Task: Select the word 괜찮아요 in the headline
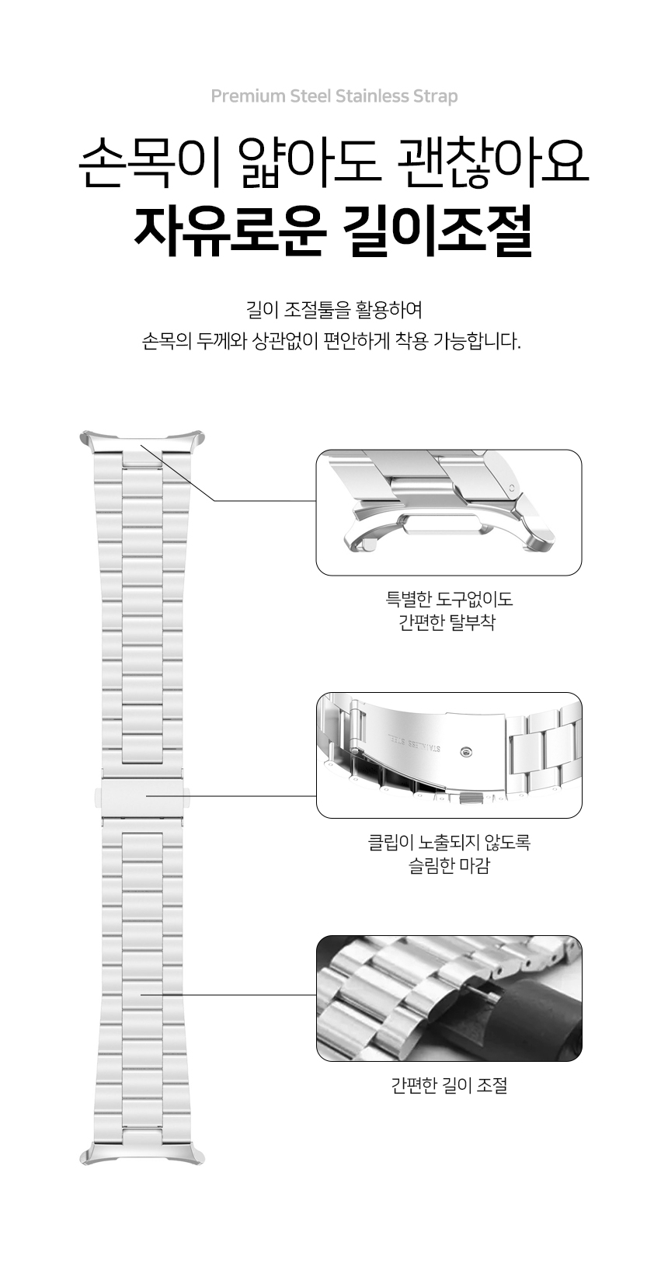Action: (492, 162)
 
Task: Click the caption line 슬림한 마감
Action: (449, 865)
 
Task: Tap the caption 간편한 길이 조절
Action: (449, 1085)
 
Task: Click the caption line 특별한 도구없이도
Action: (449, 600)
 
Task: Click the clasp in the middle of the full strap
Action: (142, 796)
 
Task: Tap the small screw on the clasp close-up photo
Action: (464, 752)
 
